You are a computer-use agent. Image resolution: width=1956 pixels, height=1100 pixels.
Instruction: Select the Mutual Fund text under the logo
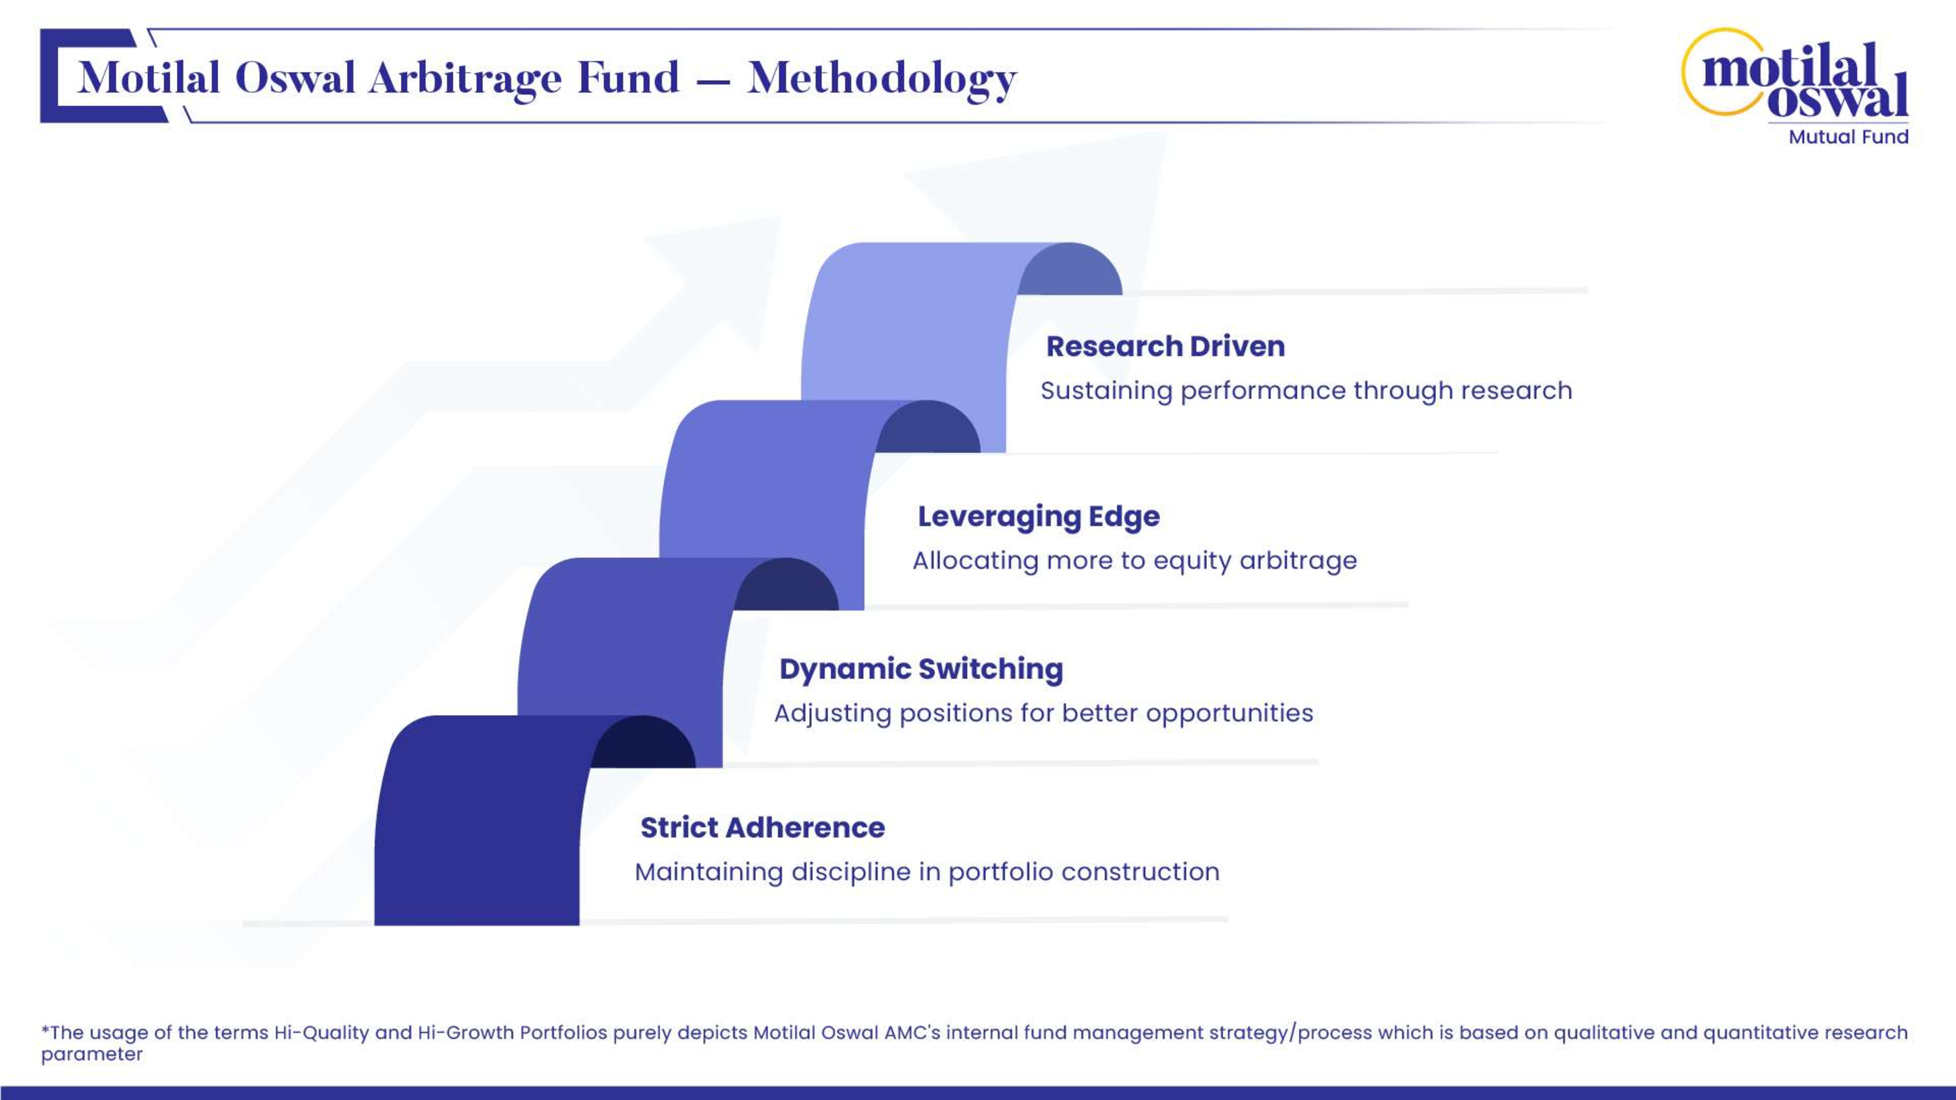click(x=1848, y=137)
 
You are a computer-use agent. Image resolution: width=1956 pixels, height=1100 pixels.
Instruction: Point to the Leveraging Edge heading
click(x=1039, y=517)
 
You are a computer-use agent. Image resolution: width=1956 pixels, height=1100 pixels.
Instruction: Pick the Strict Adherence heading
click(x=762, y=828)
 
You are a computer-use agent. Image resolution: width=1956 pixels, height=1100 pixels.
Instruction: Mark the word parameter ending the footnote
click(x=92, y=1055)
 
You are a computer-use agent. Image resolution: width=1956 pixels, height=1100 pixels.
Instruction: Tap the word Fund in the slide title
click(x=628, y=78)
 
